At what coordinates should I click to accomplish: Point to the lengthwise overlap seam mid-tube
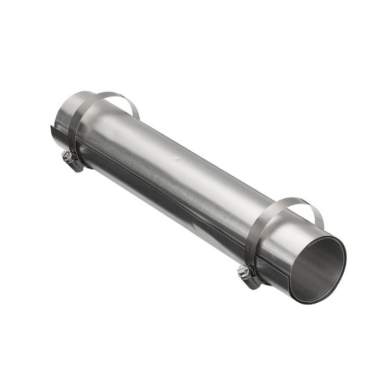coord(164,191)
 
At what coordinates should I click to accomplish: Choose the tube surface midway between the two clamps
coord(175,164)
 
